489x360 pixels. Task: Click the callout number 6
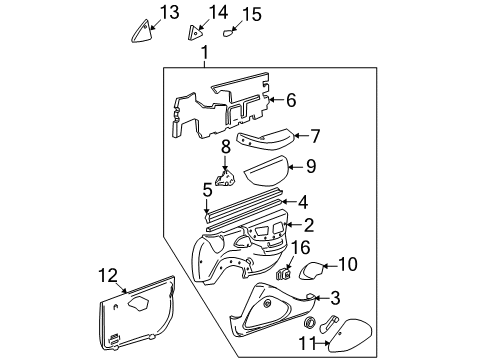click(291, 100)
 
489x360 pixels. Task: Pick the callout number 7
click(314, 135)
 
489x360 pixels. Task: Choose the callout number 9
click(310, 166)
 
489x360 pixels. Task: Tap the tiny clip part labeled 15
click(228, 31)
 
